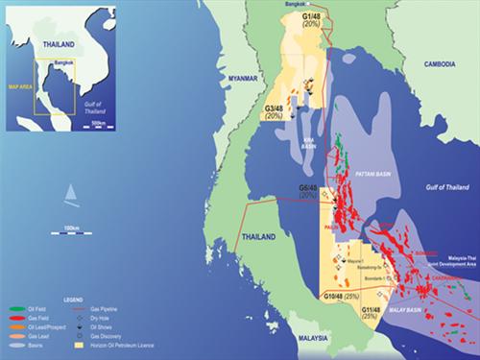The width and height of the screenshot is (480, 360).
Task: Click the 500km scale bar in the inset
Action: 98,122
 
